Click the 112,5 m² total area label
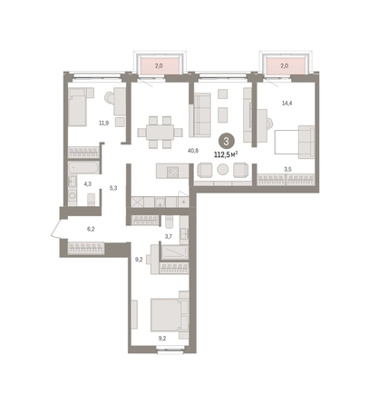point(226,155)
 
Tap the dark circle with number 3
point(226,142)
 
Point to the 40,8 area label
point(193,151)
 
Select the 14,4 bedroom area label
point(287,104)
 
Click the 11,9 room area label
point(103,123)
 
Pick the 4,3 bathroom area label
point(88,184)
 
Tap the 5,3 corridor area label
point(113,188)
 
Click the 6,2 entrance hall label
point(91,229)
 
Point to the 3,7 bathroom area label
point(168,237)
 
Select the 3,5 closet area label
point(287,170)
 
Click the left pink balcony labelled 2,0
point(159,65)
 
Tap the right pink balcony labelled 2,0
point(284,65)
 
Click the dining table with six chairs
point(160,133)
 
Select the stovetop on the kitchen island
point(173,173)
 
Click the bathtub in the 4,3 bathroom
point(83,168)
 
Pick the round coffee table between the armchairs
point(223,170)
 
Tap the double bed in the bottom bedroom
point(166,315)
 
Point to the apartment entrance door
point(56,229)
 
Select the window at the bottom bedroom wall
point(170,351)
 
